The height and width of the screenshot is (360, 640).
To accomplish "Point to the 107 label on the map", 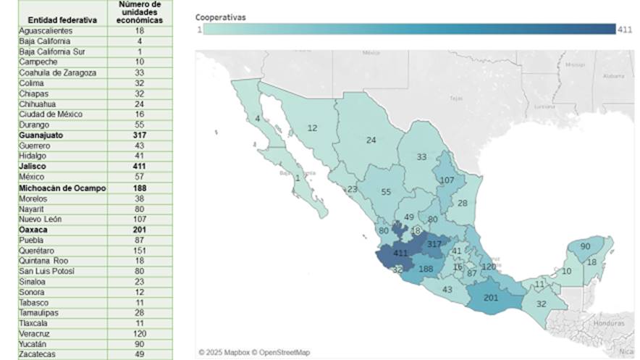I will (x=447, y=180).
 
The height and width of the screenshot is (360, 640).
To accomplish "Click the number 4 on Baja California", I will (x=257, y=119).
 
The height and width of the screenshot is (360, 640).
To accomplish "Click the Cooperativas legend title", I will (x=221, y=16).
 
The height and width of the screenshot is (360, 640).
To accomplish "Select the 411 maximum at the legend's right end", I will (x=626, y=29).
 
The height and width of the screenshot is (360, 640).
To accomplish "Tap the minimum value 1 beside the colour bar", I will (x=198, y=29).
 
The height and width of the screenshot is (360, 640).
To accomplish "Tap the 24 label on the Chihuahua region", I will (x=371, y=141).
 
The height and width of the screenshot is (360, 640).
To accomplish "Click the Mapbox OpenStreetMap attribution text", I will (x=254, y=352).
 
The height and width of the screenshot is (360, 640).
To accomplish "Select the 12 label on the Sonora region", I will (x=312, y=128).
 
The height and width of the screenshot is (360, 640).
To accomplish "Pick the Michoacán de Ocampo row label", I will (x=62, y=188).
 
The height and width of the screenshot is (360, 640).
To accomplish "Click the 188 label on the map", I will (x=426, y=269).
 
